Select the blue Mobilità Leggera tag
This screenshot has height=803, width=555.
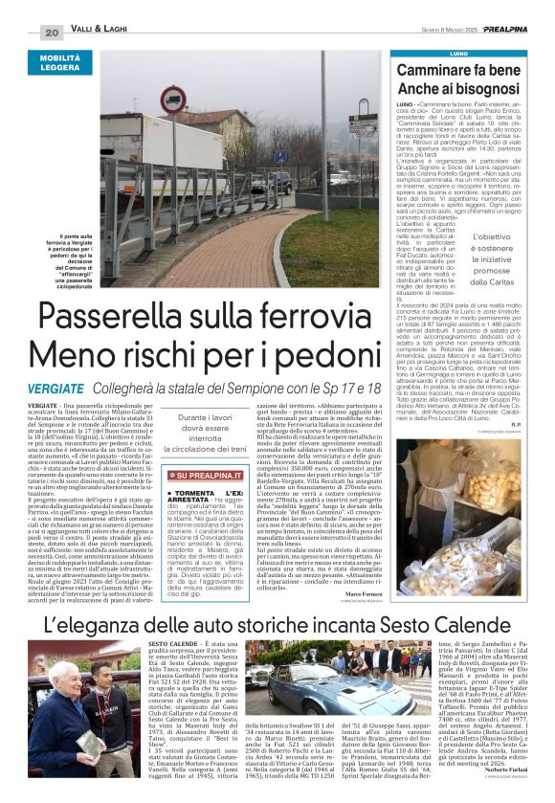59,63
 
